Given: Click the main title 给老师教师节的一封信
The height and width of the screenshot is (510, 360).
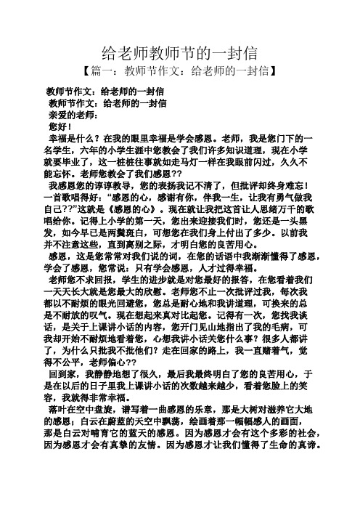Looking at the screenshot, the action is [x=179, y=52].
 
